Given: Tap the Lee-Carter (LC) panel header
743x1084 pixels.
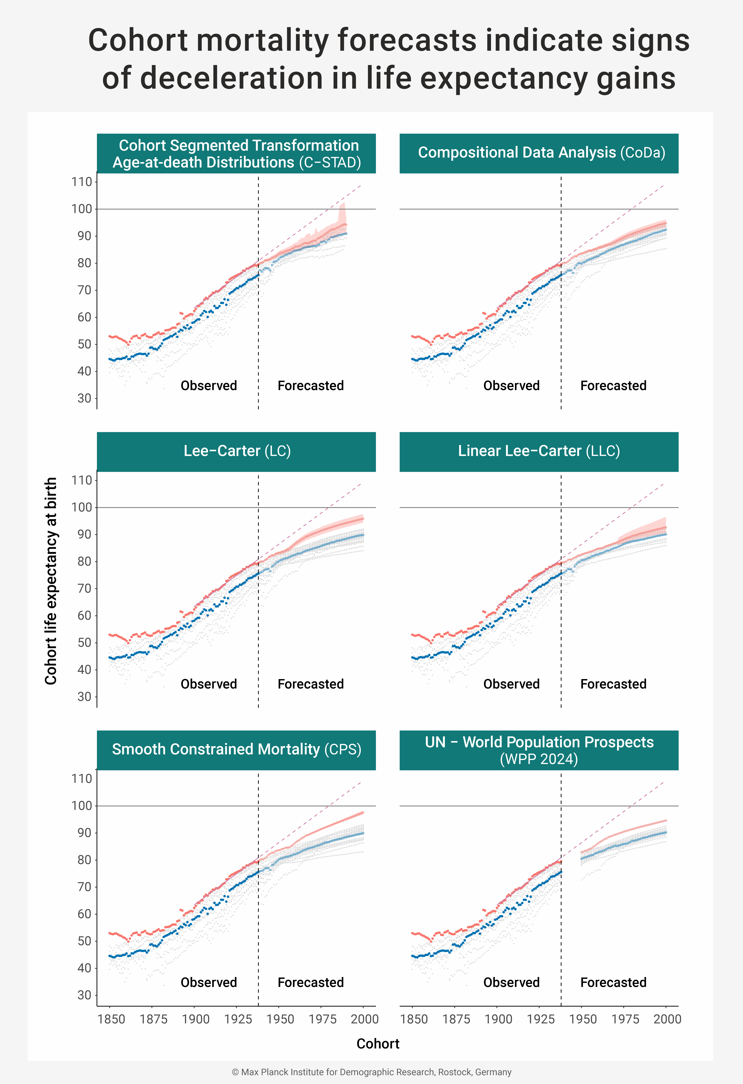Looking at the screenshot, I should coord(237,451).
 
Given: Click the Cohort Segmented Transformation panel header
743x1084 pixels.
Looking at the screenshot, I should coord(237,154).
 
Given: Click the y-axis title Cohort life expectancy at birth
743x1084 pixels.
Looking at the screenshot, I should coord(51,581).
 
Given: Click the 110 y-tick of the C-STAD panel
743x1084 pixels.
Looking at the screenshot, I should coord(82,182).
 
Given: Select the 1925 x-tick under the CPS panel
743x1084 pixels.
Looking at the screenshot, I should coord(238,1019).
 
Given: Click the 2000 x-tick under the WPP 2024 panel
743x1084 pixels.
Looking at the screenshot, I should coord(667,1019).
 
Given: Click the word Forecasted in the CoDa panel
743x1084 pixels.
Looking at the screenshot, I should coord(613,386).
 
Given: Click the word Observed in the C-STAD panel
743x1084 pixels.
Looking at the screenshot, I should coord(209,386).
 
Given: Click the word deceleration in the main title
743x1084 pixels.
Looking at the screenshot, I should coord(231,78).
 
